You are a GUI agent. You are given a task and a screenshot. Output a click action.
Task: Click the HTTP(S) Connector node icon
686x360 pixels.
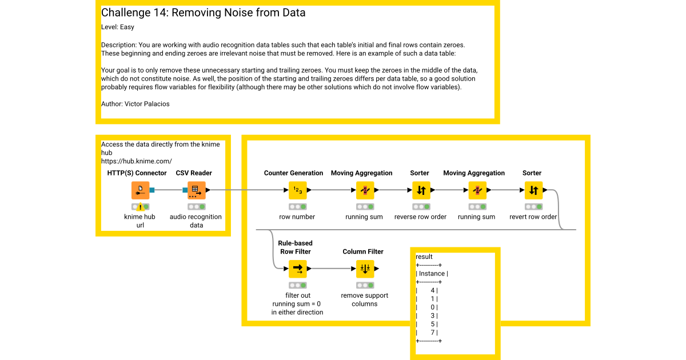coord(140,190)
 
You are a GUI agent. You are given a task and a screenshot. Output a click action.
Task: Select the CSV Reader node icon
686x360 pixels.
coord(196,190)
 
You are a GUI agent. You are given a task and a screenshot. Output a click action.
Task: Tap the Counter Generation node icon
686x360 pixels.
coord(298,190)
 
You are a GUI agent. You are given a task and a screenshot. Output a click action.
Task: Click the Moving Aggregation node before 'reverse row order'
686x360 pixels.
coord(364,190)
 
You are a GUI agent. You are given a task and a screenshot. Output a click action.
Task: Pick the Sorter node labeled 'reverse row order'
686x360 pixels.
coord(420,190)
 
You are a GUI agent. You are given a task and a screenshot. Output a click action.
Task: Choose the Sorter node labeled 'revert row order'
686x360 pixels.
coord(533,190)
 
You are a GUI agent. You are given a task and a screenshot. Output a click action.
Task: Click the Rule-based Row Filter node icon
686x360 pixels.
coord(298,268)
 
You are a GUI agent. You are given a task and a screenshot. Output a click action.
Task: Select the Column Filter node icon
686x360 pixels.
coord(364,268)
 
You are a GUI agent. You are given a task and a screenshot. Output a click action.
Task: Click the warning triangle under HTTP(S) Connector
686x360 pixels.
coord(140,207)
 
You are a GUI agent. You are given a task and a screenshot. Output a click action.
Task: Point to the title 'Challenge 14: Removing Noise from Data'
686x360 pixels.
coord(203,13)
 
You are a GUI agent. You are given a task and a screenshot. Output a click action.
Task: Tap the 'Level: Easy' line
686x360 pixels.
coord(118,27)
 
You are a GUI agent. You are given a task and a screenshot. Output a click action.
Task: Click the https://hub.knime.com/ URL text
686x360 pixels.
coord(136,161)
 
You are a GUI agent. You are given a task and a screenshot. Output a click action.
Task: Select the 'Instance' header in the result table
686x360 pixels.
coord(432,274)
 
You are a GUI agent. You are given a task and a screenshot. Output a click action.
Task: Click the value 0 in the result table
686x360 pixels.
coord(433,307)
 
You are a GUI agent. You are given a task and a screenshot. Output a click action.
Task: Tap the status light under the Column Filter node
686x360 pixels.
coord(364,285)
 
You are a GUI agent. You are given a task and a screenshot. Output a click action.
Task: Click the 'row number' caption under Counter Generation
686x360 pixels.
coord(298,217)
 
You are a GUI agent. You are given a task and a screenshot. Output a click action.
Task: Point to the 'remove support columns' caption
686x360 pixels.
coord(364,299)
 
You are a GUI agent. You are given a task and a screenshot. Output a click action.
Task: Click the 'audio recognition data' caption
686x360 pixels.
coord(196,221)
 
